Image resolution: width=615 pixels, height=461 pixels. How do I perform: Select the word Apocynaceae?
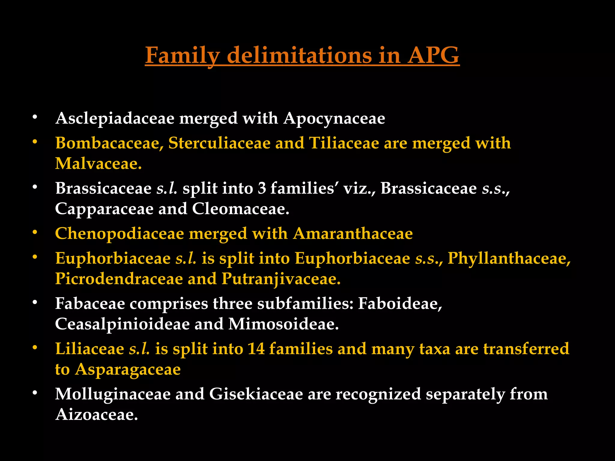[334, 119]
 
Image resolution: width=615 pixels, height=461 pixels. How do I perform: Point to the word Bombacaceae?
[109, 143]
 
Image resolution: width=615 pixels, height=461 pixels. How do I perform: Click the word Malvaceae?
[98, 164]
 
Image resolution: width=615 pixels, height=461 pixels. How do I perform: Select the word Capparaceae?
[104, 209]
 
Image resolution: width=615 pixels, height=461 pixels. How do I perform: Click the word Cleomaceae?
[240, 209]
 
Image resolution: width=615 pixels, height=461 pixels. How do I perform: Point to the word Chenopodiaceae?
[120, 234]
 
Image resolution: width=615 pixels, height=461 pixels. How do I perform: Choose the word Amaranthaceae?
[353, 234]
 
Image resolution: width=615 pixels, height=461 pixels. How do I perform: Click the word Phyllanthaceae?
[509, 258]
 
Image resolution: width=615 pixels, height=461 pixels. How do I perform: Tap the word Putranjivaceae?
[281, 279]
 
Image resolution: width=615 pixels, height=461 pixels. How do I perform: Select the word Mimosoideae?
[283, 324]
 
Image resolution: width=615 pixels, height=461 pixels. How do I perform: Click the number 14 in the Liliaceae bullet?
[256, 349]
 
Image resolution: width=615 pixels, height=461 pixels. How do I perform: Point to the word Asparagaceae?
[128, 369]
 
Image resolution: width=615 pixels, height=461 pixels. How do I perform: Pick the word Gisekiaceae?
[256, 394]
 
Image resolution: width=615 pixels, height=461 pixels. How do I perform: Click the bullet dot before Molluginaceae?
[35, 392]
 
